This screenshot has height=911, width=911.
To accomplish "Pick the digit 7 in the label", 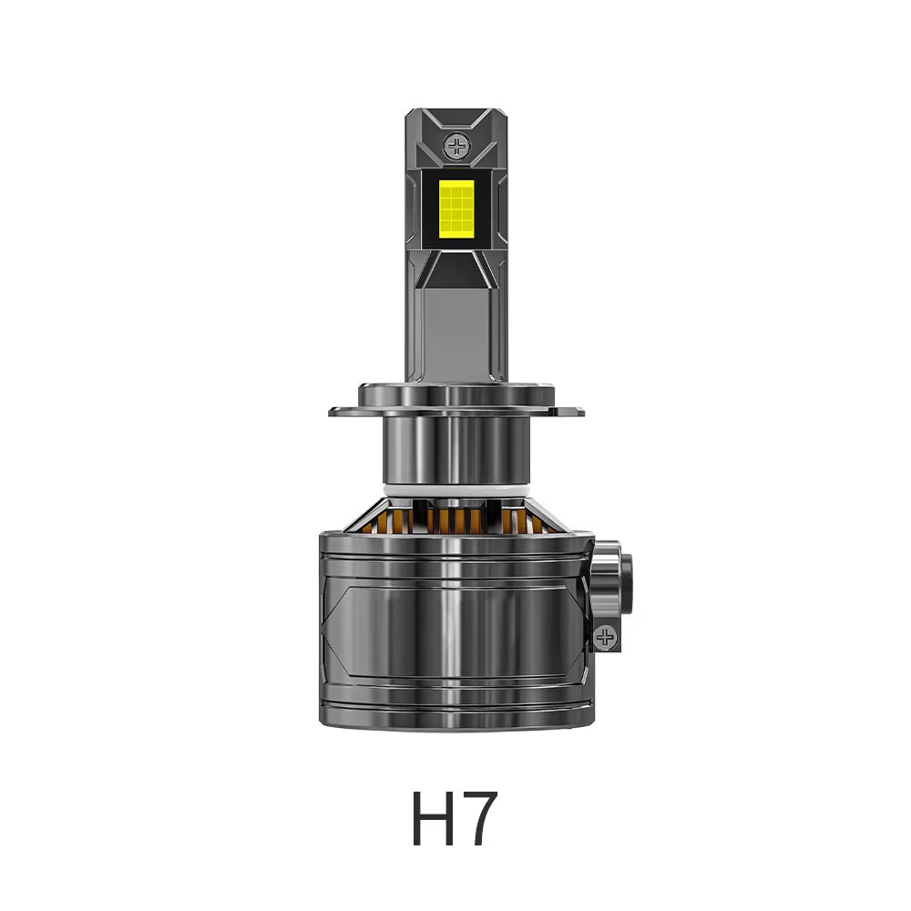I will [x=480, y=820].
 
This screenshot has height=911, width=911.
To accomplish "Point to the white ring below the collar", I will [x=455, y=490].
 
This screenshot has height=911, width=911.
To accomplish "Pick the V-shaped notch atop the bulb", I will [x=455, y=118].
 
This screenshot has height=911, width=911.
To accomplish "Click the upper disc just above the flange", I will [x=455, y=393].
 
